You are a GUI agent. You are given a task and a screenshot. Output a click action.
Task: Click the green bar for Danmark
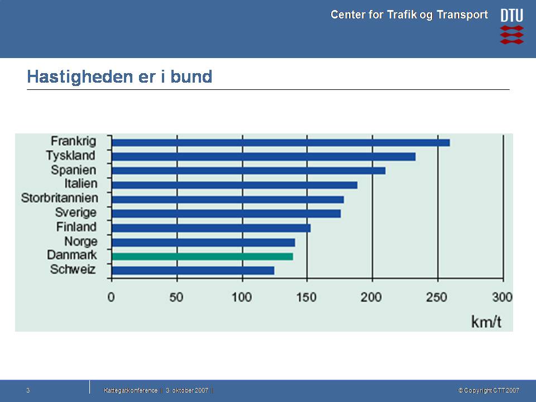coord(202,256)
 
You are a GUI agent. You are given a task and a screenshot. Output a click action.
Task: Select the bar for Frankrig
coord(280,142)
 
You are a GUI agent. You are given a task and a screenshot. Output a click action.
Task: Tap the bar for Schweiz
coord(193,270)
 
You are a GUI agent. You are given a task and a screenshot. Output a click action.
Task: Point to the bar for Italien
coord(234,185)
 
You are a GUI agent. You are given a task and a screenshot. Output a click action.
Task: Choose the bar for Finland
coord(211,228)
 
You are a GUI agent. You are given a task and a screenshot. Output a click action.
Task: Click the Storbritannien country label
coord(59,198)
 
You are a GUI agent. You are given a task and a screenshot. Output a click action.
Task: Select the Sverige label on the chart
coord(76,213)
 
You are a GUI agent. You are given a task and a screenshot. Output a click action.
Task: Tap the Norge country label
coord(80,242)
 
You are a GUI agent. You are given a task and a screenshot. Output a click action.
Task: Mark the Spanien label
coord(74,170)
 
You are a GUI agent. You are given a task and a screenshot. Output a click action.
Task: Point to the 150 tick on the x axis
coord(307,296)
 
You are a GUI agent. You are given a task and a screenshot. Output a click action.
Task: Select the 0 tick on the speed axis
coord(112,296)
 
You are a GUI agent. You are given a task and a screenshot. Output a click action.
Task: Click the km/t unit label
coord(486,322)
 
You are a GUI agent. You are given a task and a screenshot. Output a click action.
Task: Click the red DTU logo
coord(511,26)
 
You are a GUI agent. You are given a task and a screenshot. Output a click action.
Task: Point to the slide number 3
coord(28,390)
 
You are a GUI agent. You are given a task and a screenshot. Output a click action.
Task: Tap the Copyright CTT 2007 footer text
coord(489,390)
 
